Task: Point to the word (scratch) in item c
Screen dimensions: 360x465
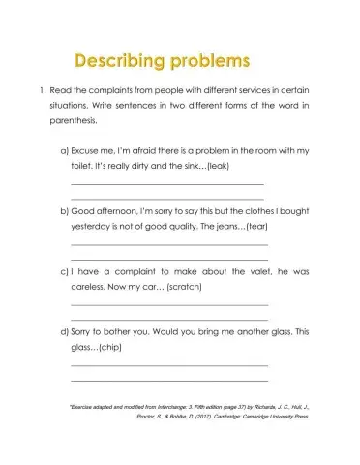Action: (189, 288)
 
